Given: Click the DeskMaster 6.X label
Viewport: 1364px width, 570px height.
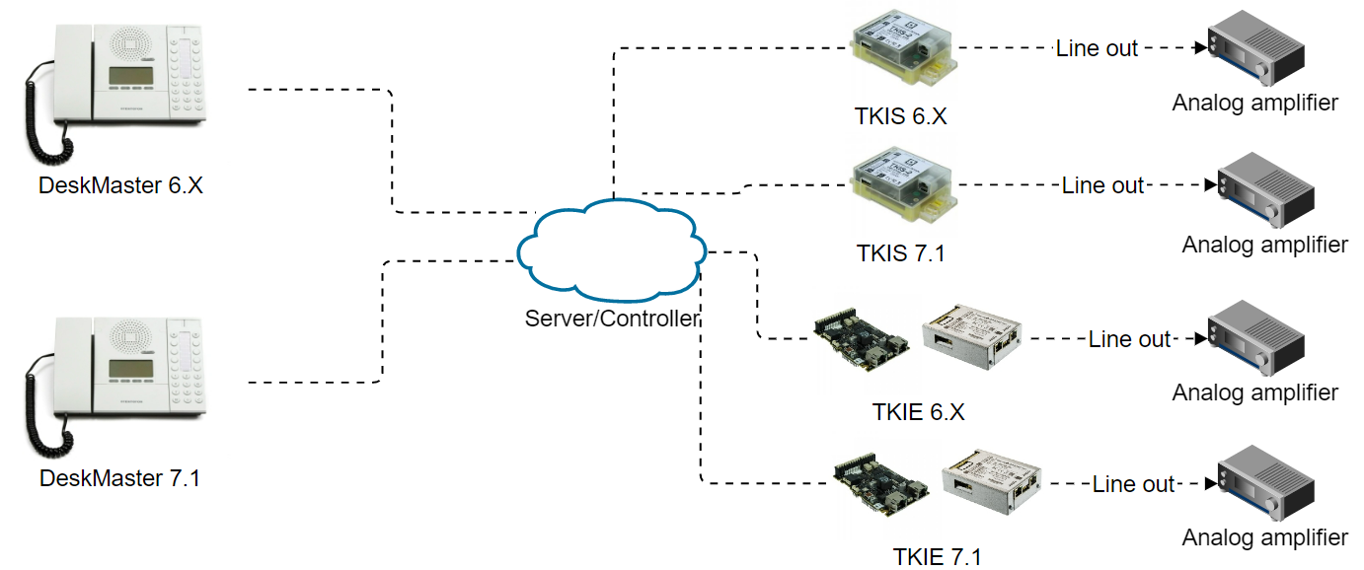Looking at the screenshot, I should click(x=120, y=184).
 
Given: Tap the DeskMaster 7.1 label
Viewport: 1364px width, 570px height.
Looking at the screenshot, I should click(x=119, y=478).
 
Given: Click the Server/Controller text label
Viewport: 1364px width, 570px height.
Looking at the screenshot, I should click(x=613, y=319).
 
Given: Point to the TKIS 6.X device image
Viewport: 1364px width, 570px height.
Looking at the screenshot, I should click(x=904, y=53).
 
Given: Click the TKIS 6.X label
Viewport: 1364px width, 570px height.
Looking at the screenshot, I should click(x=900, y=116).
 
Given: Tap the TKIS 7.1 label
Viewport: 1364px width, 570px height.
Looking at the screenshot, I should click(x=900, y=253).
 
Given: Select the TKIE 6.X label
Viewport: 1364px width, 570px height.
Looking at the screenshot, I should click(x=918, y=411).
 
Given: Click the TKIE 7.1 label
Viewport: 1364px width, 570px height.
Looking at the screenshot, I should click(x=937, y=556).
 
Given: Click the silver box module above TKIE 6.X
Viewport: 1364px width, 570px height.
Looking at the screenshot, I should click(x=973, y=336).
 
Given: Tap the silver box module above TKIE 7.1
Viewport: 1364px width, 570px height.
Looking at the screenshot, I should click(x=992, y=480).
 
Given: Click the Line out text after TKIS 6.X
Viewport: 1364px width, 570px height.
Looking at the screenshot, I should click(x=1097, y=47).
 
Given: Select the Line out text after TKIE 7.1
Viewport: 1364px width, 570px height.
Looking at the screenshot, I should click(x=1133, y=484).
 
